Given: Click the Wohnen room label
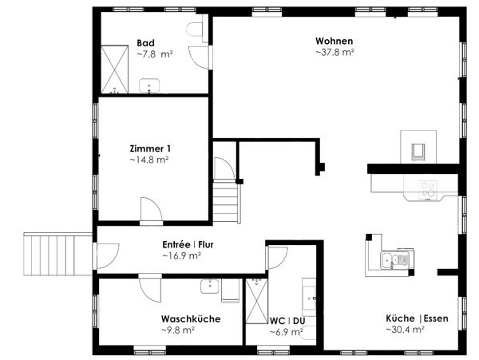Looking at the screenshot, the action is click(x=335, y=41).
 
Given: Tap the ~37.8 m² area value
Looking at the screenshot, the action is click(x=335, y=52).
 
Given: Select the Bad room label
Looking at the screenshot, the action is click(x=146, y=43).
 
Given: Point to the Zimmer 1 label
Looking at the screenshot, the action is click(x=150, y=148).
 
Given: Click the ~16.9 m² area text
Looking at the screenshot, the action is click(x=181, y=256).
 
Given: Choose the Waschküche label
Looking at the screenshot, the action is click(x=191, y=319).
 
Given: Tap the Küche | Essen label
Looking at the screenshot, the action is click(x=417, y=318).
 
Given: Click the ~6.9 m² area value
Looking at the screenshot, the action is click(x=287, y=332).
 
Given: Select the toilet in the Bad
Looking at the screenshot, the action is click(x=195, y=30).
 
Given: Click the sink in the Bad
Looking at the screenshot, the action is click(x=149, y=85).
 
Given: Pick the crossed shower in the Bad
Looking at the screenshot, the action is click(x=114, y=69).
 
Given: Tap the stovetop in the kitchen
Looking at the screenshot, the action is click(x=428, y=189).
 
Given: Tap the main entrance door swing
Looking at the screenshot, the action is click(x=108, y=256).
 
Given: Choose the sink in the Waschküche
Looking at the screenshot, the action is click(x=209, y=287).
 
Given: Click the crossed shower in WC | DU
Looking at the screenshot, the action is click(x=256, y=301).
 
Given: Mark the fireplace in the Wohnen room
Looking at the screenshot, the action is click(x=418, y=147).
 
